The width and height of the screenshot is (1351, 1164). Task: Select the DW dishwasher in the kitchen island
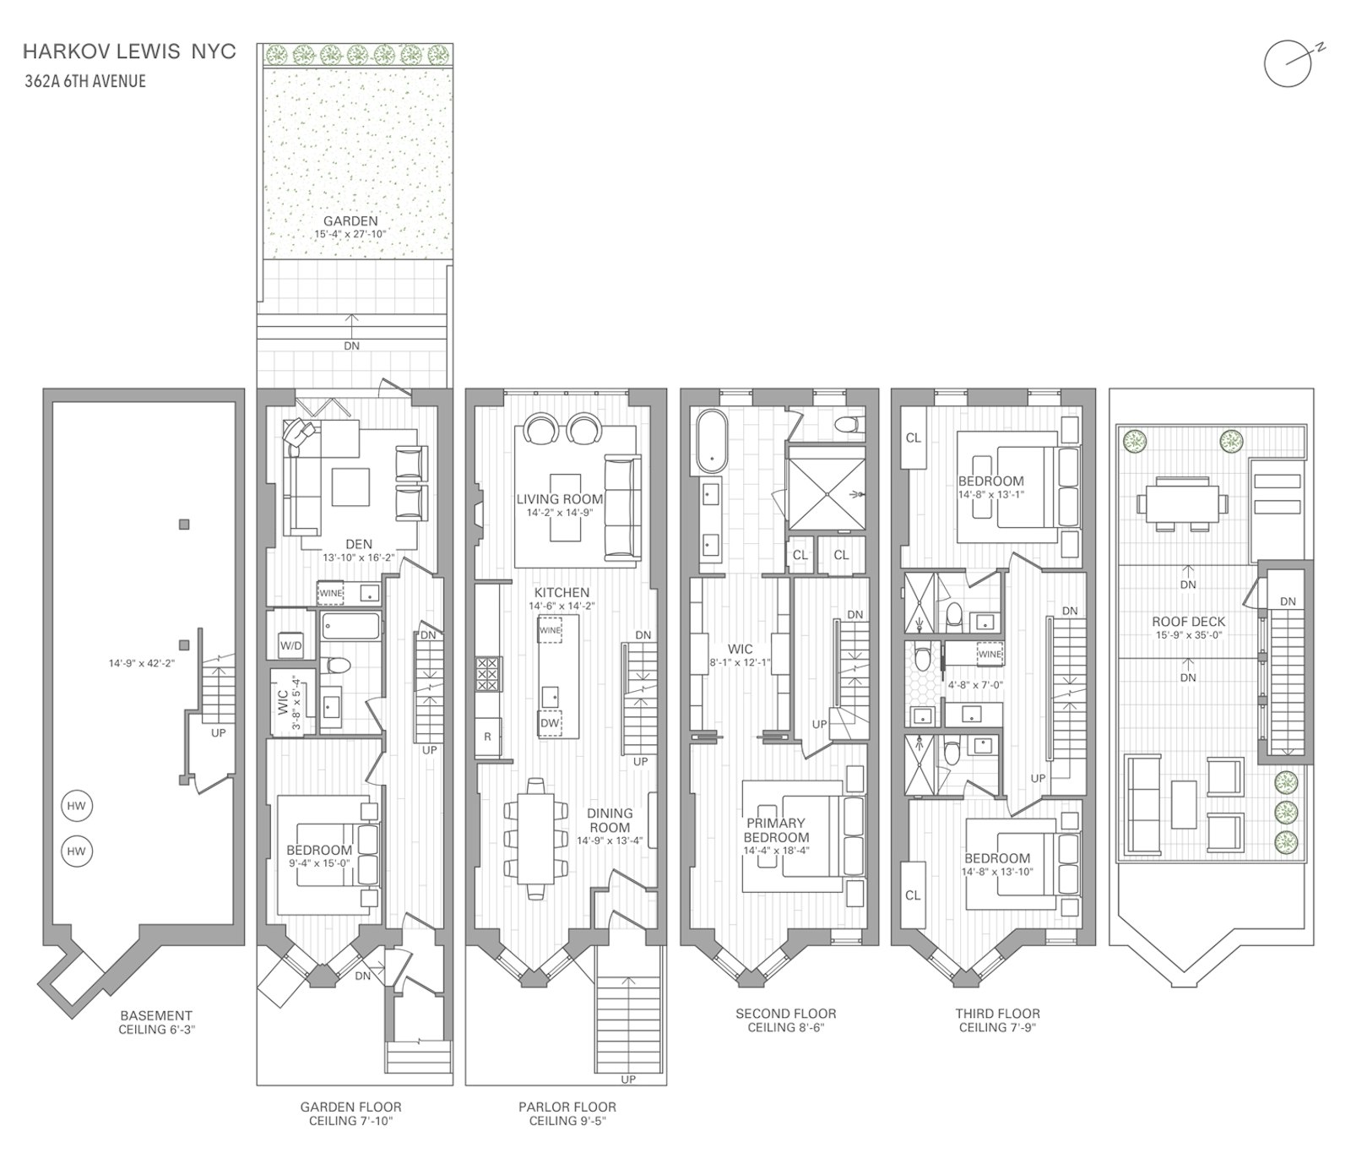(550, 723)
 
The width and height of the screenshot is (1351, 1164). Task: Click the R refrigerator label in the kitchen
(487, 737)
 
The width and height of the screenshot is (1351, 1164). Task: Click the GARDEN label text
(350, 221)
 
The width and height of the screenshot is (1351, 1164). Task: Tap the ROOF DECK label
(1188, 622)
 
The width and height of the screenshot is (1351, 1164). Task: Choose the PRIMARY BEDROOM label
(776, 829)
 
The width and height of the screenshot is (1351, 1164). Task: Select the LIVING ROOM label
(560, 499)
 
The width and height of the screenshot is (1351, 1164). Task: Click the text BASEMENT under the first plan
(155, 1015)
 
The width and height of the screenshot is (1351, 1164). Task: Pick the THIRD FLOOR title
(997, 1014)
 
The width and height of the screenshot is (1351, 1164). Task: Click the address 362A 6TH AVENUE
(84, 81)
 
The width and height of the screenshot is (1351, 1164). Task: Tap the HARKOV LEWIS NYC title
(129, 52)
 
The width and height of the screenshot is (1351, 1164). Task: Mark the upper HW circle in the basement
(77, 806)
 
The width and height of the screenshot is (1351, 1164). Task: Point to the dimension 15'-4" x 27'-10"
(350, 234)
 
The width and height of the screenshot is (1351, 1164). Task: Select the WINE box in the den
(330, 593)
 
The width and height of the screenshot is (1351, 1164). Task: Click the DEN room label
(359, 545)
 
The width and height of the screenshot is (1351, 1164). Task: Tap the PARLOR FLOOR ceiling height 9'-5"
(567, 1121)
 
